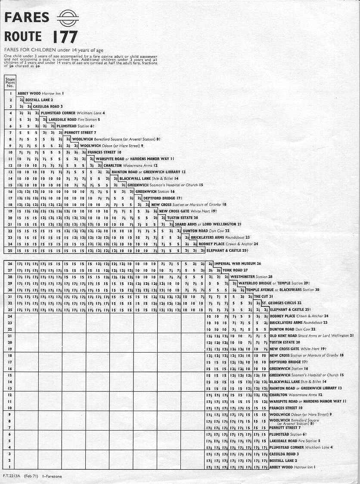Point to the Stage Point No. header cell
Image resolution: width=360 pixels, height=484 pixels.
click(9, 83)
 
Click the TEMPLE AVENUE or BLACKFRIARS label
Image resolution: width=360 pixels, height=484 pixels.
click(282, 290)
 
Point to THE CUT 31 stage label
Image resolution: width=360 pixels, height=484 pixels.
click(264, 297)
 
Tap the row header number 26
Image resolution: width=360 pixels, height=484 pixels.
click(9, 263)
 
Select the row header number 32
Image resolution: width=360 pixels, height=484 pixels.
click(9, 303)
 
